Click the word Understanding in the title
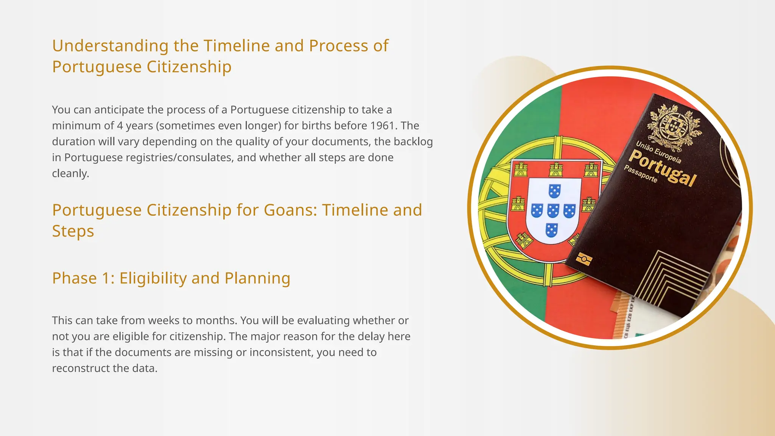(x=110, y=46)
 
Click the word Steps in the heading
(x=73, y=231)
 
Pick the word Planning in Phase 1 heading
(x=257, y=279)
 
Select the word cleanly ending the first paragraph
(x=70, y=173)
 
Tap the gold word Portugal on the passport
(x=663, y=168)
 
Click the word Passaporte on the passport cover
(x=640, y=174)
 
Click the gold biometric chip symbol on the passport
(x=584, y=260)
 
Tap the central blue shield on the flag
(x=553, y=210)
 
